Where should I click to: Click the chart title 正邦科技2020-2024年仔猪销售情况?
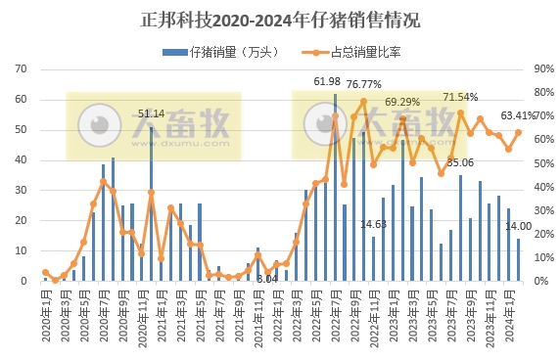click(280, 20)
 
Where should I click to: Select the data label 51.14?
click(151, 113)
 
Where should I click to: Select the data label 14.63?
click(373, 224)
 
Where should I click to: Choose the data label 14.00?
click(518, 226)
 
